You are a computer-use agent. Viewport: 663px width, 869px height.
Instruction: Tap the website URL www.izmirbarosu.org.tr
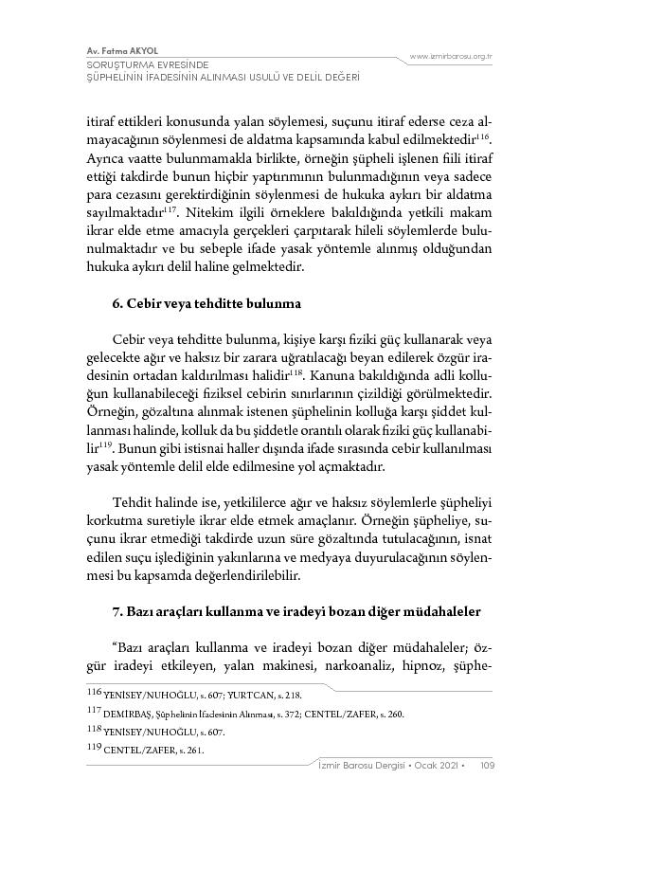pos(451,57)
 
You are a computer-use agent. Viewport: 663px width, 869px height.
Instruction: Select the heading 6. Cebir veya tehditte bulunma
pos(206,303)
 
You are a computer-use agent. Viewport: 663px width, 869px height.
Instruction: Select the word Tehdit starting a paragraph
pos(133,501)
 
